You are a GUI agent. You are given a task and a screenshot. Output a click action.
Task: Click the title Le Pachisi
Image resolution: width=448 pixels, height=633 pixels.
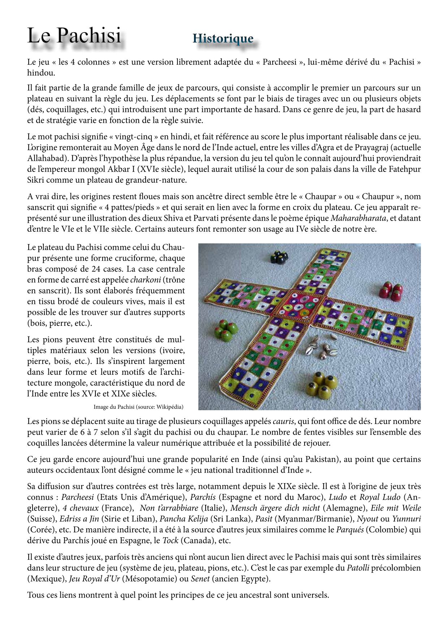(74, 36)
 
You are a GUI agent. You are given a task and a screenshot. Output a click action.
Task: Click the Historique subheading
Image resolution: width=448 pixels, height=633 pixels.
(223, 38)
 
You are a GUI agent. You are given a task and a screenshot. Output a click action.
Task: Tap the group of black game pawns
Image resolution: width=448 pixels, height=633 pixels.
(279, 257)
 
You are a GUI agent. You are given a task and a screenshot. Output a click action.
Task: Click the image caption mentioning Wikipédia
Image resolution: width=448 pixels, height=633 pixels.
(138, 407)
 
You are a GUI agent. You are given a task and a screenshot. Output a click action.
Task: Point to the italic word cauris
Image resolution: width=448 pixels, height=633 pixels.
(283, 421)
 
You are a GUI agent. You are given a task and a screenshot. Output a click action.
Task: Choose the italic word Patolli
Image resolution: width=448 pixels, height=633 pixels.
(358, 568)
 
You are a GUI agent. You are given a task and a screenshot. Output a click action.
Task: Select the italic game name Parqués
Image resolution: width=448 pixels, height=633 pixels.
(349, 530)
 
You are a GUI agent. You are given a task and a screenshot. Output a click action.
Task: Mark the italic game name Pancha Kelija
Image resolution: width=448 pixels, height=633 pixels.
(184, 519)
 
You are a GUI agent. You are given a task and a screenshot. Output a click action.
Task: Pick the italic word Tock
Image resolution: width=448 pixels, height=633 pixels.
(170, 541)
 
